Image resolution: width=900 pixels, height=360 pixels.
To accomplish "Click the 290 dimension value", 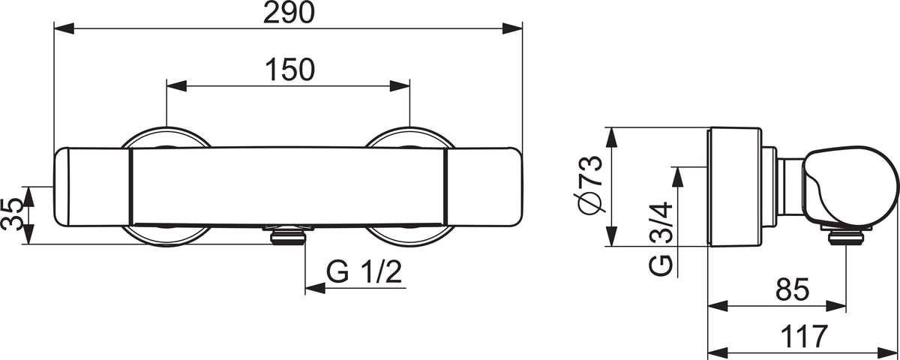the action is coord(289,13).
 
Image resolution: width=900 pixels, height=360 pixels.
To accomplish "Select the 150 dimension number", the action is coord(289,70).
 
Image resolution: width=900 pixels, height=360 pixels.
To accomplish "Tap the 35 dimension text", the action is coord(12,214).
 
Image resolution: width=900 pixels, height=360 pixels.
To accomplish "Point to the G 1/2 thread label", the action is coord(364,272).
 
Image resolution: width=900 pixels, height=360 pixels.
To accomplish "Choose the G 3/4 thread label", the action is coord(661,238).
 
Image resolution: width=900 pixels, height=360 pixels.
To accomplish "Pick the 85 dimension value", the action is coord(792,289).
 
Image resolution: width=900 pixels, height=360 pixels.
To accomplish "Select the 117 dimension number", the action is coord(804,336).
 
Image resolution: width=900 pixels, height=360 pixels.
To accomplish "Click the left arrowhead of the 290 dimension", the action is coord(64,28).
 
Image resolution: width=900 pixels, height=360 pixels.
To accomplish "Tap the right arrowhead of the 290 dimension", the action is coord(512,28).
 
